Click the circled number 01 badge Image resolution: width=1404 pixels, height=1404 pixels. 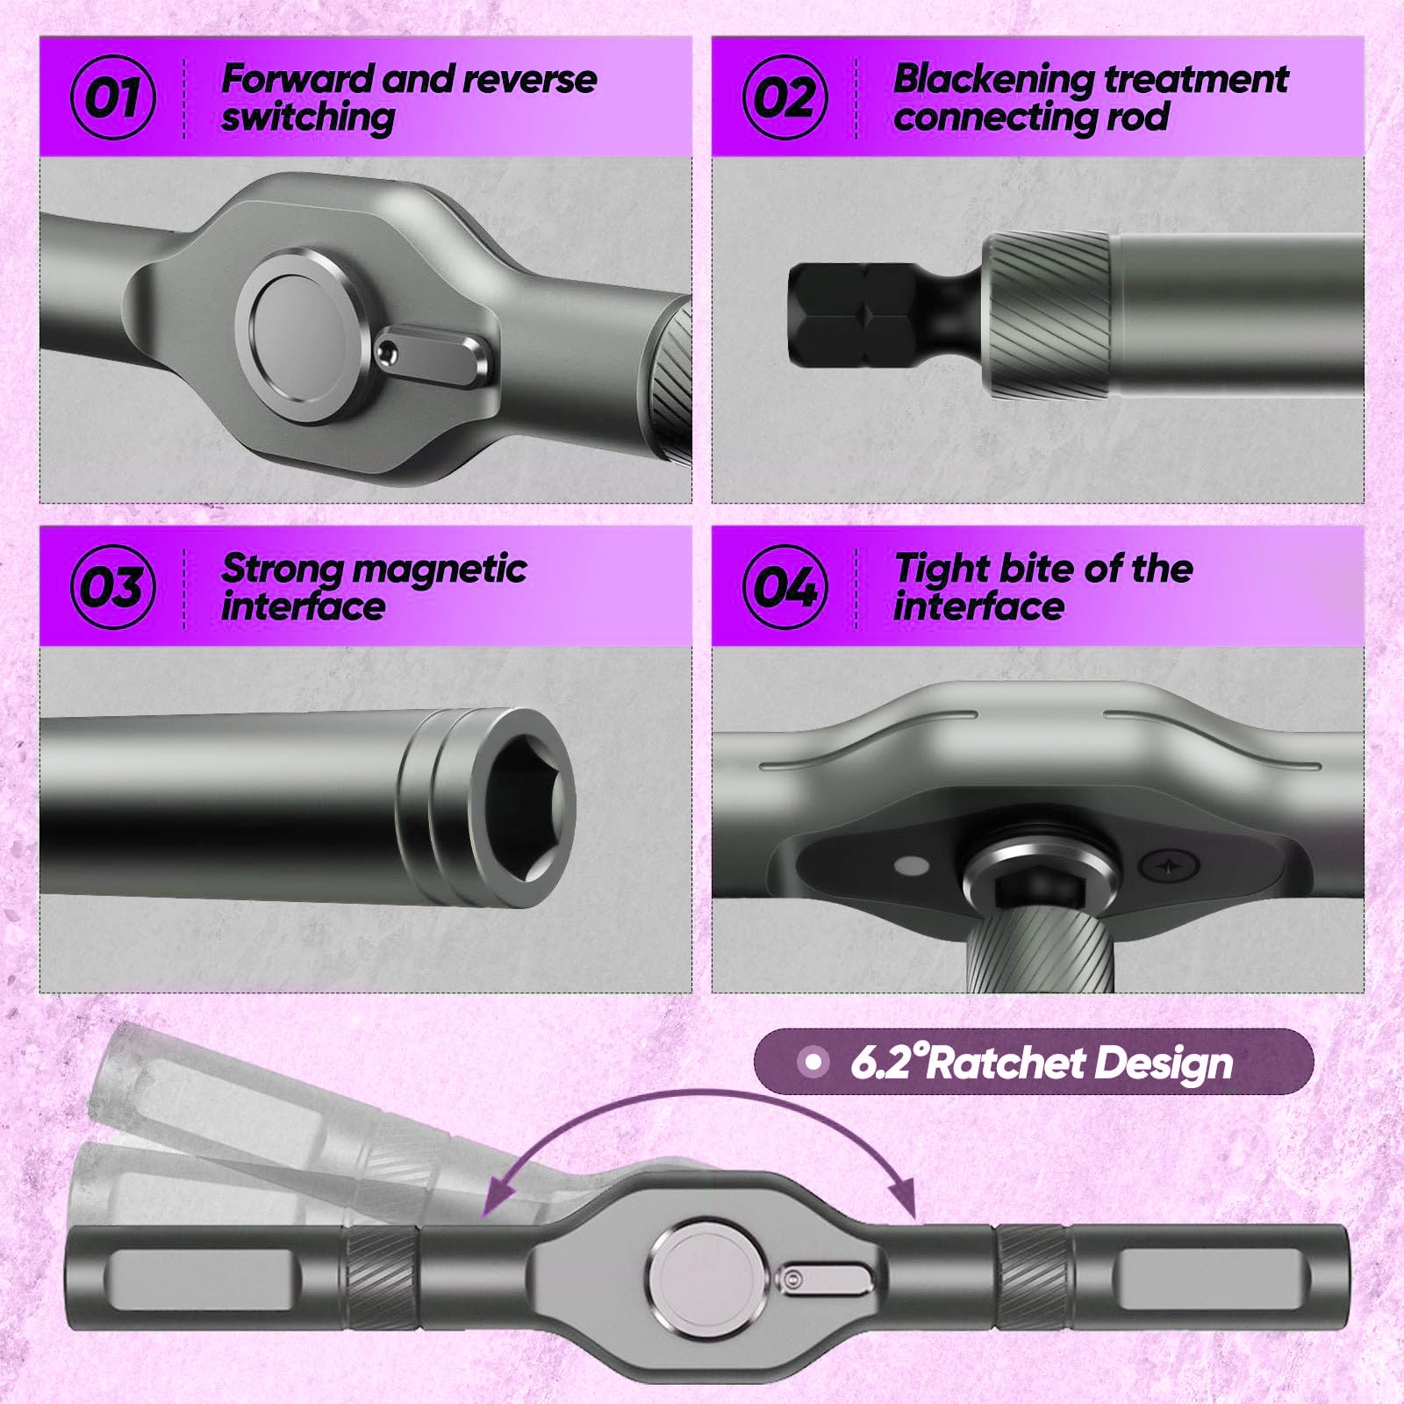[113, 97]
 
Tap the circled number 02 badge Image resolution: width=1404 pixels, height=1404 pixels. [785, 97]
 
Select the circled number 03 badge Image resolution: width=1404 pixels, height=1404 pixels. [113, 586]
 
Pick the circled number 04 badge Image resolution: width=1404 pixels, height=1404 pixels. [785, 586]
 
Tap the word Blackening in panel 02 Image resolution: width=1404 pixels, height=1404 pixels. [994, 80]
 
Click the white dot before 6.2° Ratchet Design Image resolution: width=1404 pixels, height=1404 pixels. [813, 1063]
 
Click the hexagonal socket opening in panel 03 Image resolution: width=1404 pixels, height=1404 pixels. [524, 805]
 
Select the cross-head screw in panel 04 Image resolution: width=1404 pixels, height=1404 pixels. [1168, 867]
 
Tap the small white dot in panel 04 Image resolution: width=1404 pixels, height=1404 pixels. [913, 866]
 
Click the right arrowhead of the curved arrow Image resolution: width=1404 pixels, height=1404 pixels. [902, 1195]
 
